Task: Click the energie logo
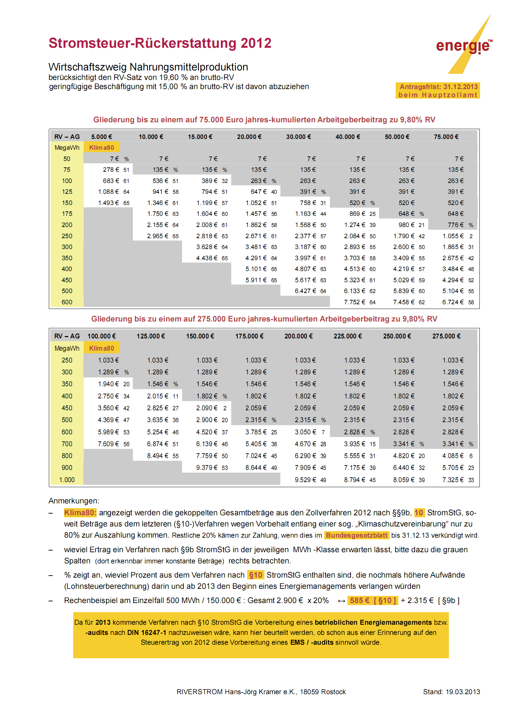pos(463,46)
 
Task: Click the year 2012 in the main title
pos(256,43)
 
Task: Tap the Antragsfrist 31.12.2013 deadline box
pos(438,91)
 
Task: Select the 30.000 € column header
pos(298,137)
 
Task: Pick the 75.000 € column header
pos(446,137)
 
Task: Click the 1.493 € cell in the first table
pos(108,203)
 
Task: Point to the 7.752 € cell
pos(354,302)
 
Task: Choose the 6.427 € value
pos(305,291)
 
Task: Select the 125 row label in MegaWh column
pos(67,192)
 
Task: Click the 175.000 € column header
pos(249,336)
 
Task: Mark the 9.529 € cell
pos(305,480)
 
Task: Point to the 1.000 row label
pos(67,480)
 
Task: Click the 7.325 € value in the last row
pos(453,480)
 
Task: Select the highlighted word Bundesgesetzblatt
pos(356,535)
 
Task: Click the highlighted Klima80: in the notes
pos(80,513)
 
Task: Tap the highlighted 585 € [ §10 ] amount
pos(373,601)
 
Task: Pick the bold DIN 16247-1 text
pos(146,633)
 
